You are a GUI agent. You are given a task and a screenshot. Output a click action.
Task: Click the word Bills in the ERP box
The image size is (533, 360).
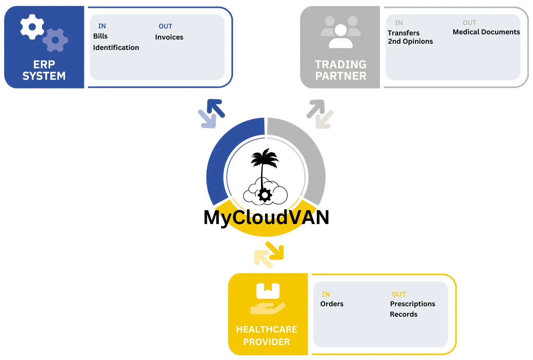100,36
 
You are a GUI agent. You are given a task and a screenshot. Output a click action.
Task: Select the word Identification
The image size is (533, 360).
116,48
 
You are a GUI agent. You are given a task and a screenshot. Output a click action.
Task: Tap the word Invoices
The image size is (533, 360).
169,37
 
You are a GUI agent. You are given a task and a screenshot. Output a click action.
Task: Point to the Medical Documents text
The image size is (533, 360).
486,32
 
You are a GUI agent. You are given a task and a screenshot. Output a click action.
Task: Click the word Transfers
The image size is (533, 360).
404,33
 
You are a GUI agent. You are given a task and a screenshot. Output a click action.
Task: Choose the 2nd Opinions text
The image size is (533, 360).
411,41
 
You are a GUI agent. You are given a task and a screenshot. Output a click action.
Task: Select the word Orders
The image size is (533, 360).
332,304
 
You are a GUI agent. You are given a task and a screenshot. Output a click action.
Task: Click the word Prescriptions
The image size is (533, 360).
413,304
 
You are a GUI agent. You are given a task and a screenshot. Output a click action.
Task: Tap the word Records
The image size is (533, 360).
404,314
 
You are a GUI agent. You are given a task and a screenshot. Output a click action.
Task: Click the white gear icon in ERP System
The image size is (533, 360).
32,27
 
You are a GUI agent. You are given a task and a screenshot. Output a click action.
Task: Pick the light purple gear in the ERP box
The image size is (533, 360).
55,40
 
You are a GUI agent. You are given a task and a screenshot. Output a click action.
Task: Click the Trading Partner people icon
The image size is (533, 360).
341,32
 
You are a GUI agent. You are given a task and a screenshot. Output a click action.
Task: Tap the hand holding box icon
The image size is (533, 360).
268,299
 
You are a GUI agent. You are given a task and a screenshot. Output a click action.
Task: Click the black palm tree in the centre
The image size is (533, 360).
264,166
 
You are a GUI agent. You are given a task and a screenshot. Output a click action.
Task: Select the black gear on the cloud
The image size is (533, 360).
265,195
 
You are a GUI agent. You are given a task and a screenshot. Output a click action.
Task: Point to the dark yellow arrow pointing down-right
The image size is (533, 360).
275,251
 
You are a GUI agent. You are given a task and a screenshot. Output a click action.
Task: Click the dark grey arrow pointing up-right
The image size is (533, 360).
316,109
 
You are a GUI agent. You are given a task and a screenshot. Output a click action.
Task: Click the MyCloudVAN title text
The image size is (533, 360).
266,217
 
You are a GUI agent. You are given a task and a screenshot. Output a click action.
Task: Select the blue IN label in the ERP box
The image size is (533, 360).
102,26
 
